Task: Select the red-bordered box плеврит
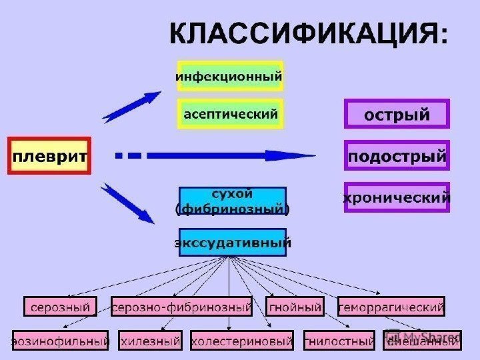pyautogui.click(x=49, y=156)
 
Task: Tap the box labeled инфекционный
pyautogui.click(x=230, y=76)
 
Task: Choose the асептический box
pyautogui.click(x=230, y=113)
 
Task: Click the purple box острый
pyautogui.click(x=397, y=114)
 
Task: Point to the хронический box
pyautogui.click(x=397, y=197)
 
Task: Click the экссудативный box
pyautogui.click(x=232, y=243)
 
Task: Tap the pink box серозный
pyautogui.click(x=60, y=307)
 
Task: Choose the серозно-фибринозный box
pyautogui.click(x=182, y=307)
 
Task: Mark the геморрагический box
pyautogui.click(x=391, y=307)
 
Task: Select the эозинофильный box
pyautogui.click(x=60, y=341)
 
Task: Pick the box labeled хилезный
pyautogui.click(x=151, y=341)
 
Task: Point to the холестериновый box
pyautogui.click(x=242, y=341)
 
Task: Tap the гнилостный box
pyautogui.click(x=339, y=341)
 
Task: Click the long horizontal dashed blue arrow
pyautogui.click(x=220, y=156)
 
